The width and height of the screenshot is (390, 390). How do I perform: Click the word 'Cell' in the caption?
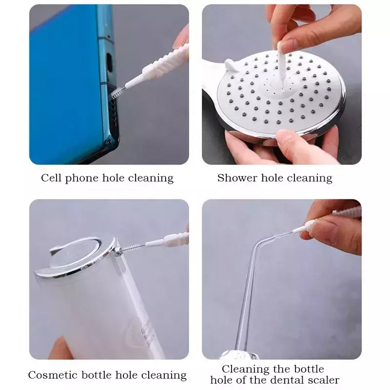pyautogui.click(x=51, y=178)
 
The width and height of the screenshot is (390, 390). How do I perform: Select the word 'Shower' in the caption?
pyautogui.click(x=237, y=178)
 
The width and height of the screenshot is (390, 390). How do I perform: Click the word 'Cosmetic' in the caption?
pyautogui.click(x=53, y=375)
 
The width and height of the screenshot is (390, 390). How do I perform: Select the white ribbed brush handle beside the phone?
pyautogui.click(x=159, y=65)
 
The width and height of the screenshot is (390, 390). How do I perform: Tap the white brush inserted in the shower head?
pyautogui.click(x=281, y=66)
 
